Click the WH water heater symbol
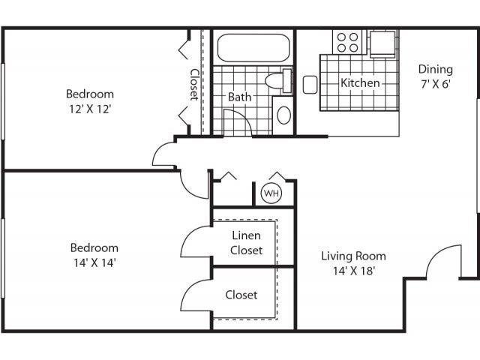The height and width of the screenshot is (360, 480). point(270,193)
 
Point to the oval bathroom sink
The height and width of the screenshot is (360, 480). point(283,115)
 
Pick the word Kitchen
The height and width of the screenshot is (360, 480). point(360,82)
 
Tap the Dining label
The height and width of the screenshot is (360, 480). point(435,70)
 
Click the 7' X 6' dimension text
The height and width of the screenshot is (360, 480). point(435,84)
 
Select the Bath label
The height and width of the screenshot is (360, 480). point(239,97)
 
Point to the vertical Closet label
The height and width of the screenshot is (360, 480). point(193,84)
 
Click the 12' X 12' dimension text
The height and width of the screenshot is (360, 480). point(90,108)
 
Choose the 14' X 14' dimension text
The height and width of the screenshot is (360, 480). point(94,262)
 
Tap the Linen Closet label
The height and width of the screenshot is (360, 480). point(246,243)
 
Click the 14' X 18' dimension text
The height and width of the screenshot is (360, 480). point(353,270)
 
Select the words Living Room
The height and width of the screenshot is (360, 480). point(353,256)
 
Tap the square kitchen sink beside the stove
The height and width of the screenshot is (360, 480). point(382,43)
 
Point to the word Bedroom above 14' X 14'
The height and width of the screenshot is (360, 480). point(94,247)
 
